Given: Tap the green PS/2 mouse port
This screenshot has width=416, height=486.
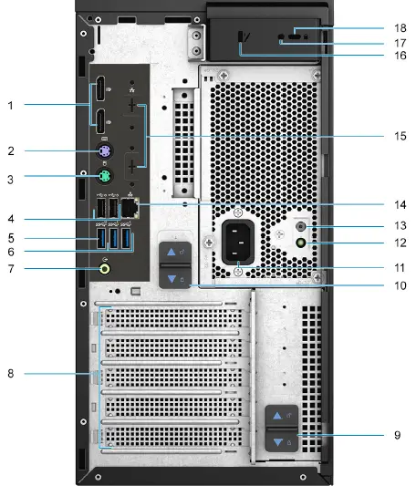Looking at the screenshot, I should click(106, 177).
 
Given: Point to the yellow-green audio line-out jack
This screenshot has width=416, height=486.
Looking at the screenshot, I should click(106, 268).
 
